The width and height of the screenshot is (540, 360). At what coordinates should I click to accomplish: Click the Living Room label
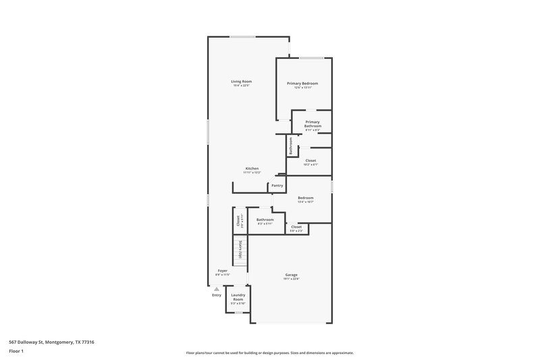point(242,82)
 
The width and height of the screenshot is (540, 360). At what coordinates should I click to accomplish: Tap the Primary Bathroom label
point(313,124)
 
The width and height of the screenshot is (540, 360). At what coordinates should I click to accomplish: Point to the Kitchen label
point(252,168)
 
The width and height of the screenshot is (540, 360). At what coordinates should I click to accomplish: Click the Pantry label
point(277,186)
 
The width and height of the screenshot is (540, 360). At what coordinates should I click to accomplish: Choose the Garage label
point(291,275)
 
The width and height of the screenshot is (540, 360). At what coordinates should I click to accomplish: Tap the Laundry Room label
point(238,297)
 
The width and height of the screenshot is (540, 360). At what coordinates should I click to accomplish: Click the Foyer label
point(222,271)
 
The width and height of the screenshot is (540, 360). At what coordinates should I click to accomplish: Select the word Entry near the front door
point(217,295)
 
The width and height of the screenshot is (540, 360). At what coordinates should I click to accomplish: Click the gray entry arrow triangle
point(217,289)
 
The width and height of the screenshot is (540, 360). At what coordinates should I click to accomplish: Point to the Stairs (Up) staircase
point(238,251)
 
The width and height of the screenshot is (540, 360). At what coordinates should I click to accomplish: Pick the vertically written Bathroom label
point(291,146)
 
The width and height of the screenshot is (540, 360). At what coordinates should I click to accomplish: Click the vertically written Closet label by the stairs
point(238,220)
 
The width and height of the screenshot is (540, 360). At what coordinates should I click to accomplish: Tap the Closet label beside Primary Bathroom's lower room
point(310,161)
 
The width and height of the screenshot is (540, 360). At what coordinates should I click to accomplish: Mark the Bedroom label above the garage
point(306,198)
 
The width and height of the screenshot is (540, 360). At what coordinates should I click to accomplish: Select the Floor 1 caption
point(17,352)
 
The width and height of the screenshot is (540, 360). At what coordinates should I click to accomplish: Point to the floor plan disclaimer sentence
point(269,353)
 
